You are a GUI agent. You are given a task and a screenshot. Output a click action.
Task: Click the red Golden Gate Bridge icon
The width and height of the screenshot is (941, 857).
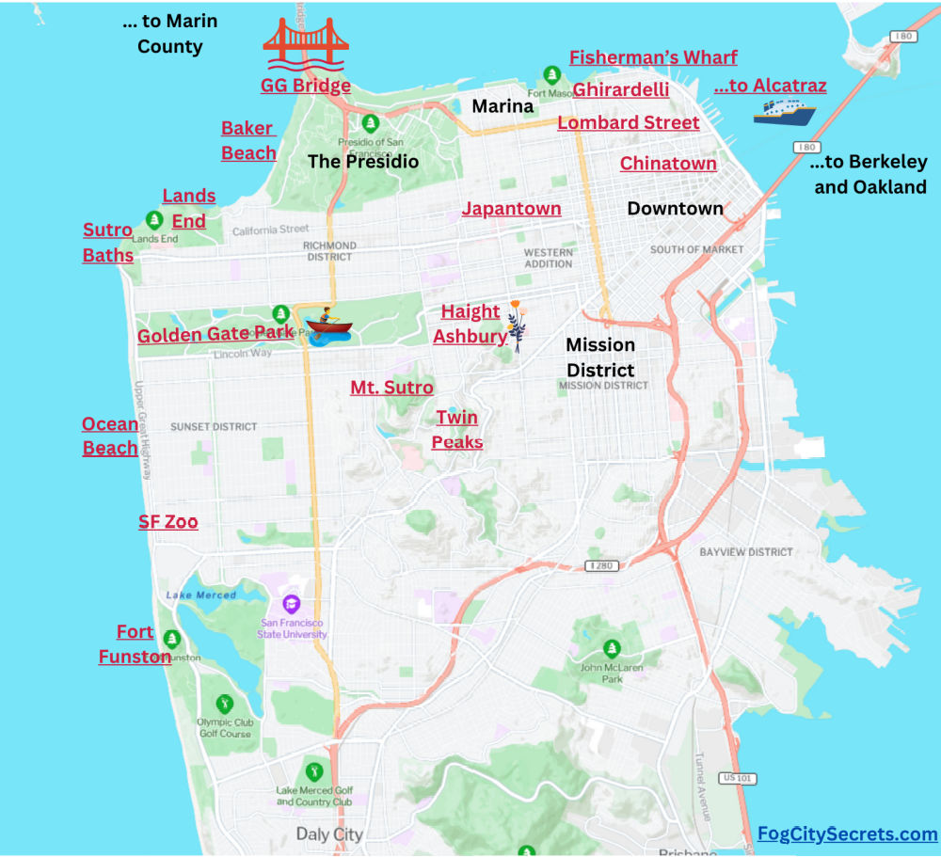pos(306,45)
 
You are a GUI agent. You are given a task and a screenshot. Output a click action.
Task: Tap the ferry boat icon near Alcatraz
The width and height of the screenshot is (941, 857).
pos(784,113)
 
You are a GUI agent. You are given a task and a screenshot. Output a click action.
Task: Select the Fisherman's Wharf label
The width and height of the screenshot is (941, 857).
pos(653,57)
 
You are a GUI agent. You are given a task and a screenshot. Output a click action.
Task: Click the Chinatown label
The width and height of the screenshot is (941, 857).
pos(668,164)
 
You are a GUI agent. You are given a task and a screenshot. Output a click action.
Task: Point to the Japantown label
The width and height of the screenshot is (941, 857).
pos(511,209)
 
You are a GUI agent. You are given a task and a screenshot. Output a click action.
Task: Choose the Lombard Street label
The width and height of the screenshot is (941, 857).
pos(629,123)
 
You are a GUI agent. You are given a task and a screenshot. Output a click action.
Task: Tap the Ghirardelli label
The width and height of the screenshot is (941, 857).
pos(621,90)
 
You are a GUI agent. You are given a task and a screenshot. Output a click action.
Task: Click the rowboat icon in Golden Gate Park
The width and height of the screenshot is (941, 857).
pos(327,325)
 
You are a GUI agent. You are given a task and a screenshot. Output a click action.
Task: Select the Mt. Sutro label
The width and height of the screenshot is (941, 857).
pos(391,388)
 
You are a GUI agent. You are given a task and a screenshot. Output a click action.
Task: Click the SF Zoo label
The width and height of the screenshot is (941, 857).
pos(168,522)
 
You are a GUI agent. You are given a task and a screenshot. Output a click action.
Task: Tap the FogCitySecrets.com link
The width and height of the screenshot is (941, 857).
pos(848,834)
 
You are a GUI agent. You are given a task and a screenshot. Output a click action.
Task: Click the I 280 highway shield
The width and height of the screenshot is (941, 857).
pos(601,566)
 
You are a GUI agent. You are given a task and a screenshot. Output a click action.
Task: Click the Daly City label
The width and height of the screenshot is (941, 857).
pos(328,834)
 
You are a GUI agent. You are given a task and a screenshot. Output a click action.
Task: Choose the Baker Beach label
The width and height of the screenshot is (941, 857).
pos(248,140)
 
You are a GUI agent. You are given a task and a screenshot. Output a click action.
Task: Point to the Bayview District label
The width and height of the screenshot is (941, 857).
pos(745,552)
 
